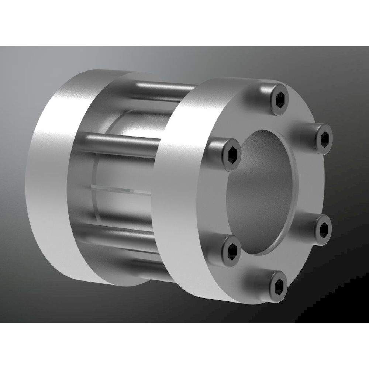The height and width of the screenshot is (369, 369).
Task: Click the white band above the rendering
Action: coord(184,22)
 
